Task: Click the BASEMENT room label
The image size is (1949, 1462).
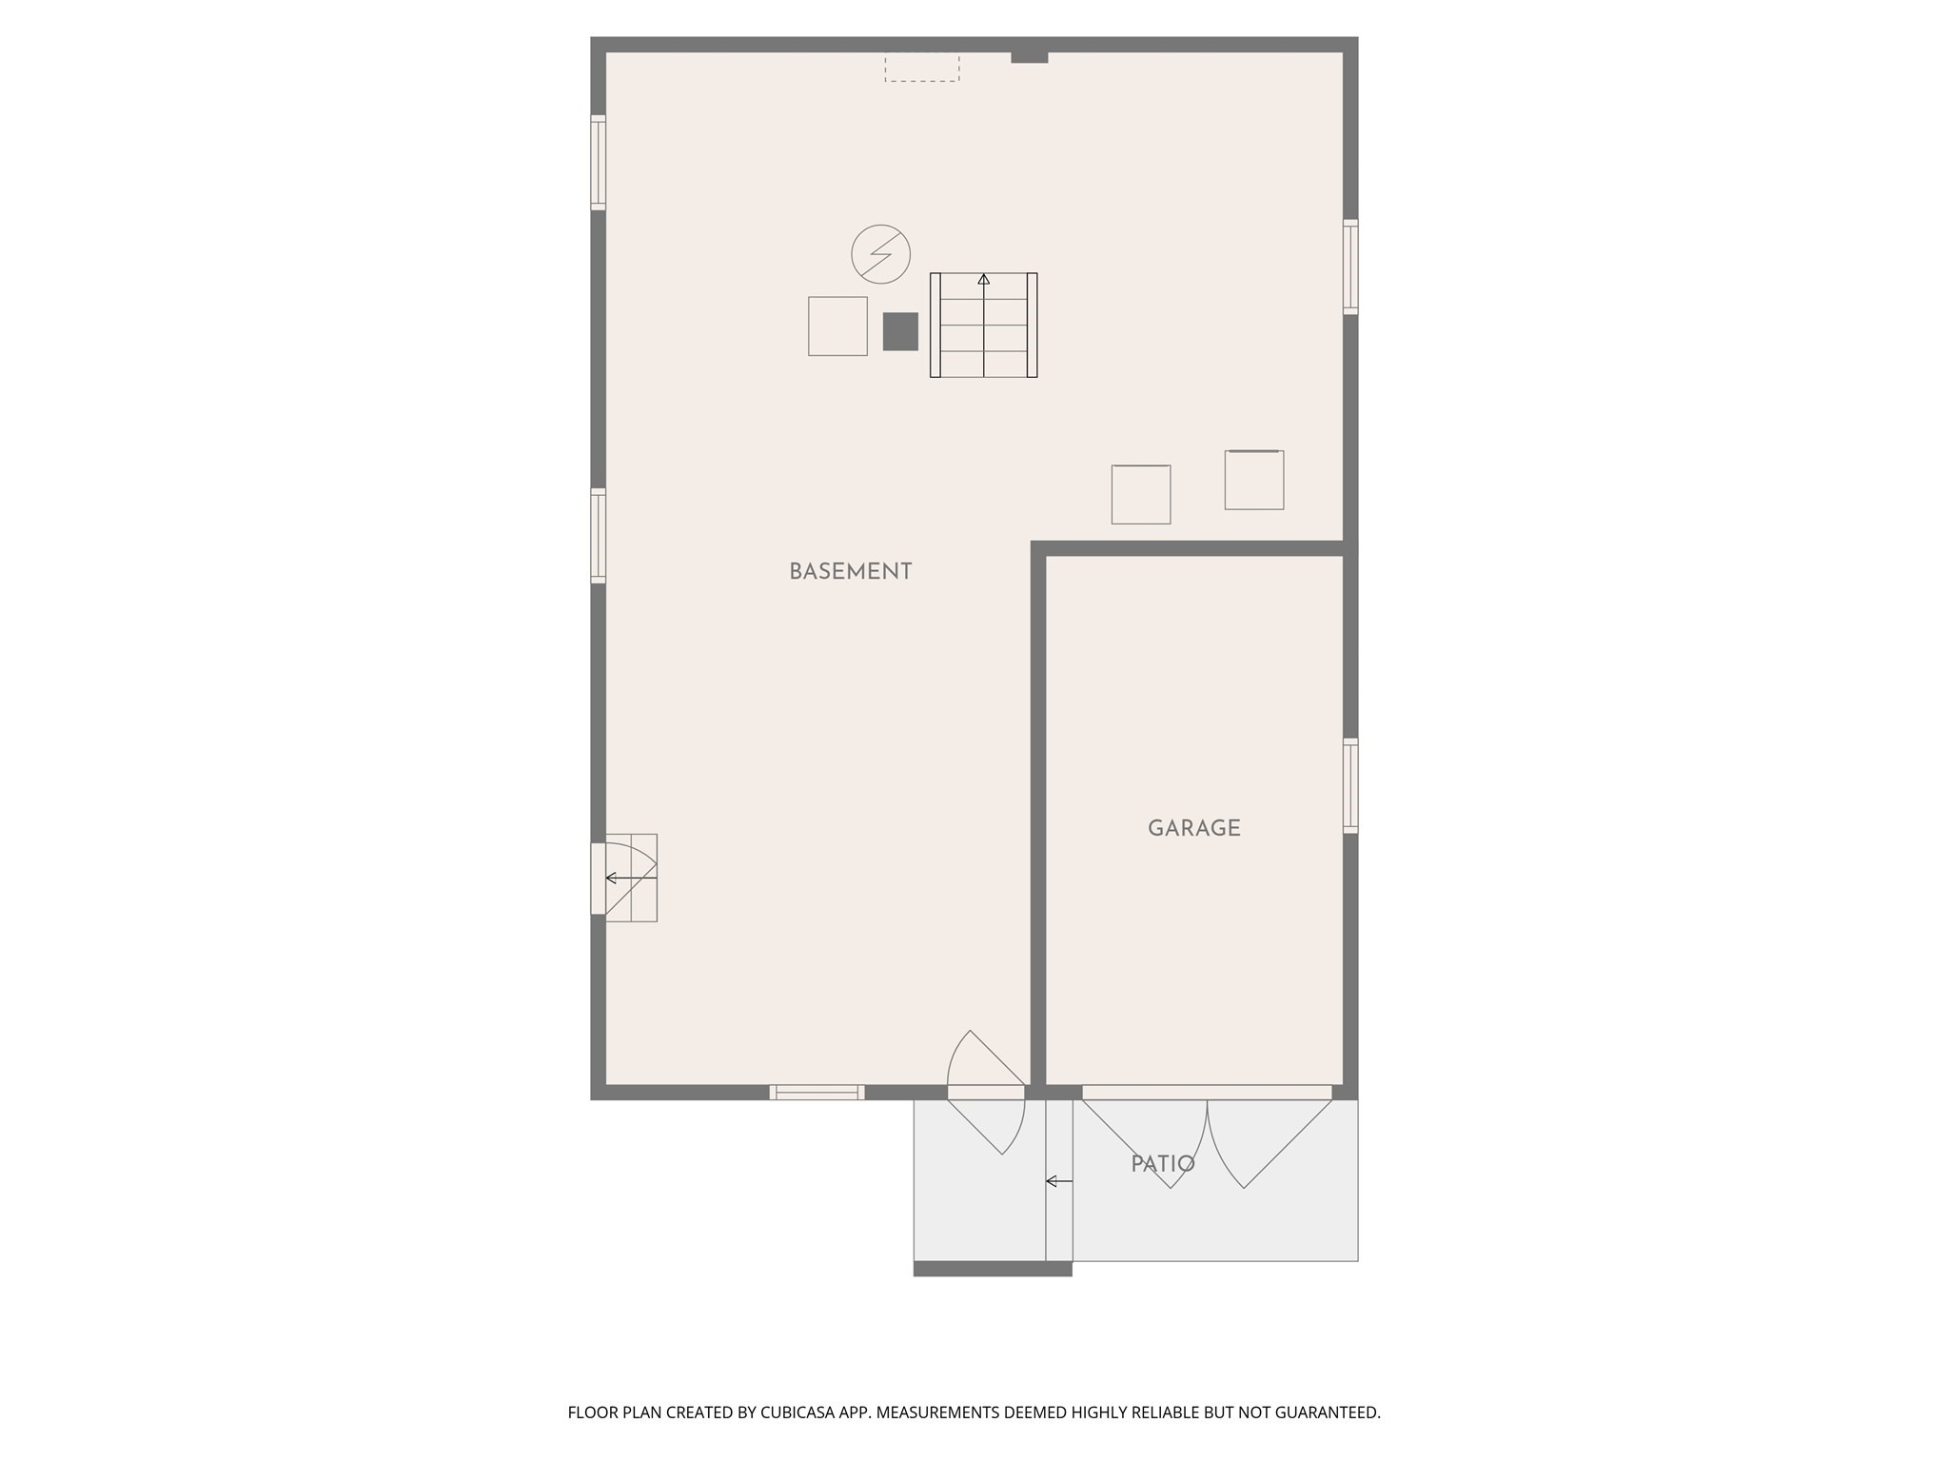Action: [850, 571]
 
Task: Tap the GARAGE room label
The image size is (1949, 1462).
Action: [1193, 828]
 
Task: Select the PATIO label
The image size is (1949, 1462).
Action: [1162, 1164]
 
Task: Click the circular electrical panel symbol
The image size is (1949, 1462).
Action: [880, 254]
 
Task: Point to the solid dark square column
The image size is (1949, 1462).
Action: [900, 331]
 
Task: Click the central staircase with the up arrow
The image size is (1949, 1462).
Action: [983, 325]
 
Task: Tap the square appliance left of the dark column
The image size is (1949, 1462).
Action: [837, 326]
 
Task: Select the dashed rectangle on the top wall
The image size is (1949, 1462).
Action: [921, 67]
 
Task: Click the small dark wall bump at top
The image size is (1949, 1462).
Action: [1029, 56]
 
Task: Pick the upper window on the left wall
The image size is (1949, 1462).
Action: [598, 162]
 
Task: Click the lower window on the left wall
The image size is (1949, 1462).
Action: [598, 535]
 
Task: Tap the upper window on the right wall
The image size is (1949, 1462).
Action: [1350, 267]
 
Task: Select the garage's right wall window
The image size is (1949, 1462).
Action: [1350, 785]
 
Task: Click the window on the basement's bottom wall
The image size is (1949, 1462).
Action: [817, 1092]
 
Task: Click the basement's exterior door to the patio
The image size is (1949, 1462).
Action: [986, 1092]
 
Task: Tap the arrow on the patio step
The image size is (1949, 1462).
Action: [1058, 1181]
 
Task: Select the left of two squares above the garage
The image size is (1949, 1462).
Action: [1140, 494]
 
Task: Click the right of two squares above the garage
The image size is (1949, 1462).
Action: [1253, 480]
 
